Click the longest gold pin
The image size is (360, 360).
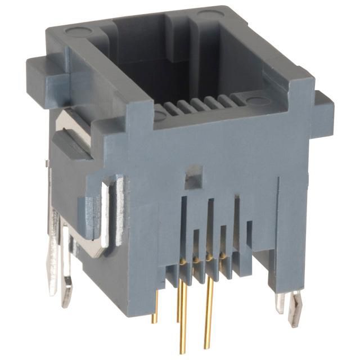[183, 315]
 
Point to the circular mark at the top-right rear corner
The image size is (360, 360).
[208, 13]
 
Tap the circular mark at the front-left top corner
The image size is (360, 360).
[160, 116]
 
